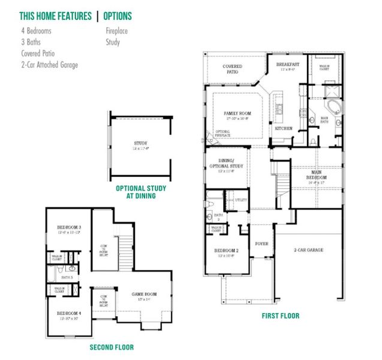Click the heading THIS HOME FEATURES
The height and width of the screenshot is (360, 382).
pyautogui.click(x=55, y=16)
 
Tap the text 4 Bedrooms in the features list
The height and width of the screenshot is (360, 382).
pyautogui.click(x=35, y=31)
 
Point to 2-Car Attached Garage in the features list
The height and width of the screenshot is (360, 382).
pyautogui.click(x=49, y=65)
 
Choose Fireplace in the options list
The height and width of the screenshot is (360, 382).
pyautogui.click(x=117, y=31)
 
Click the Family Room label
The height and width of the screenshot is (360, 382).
pyautogui.click(x=237, y=113)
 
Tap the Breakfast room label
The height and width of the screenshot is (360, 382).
pyautogui.click(x=287, y=64)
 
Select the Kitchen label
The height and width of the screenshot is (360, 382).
pyautogui.click(x=283, y=128)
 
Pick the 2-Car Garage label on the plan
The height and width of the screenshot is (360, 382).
pyautogui.click(x=309, y=250)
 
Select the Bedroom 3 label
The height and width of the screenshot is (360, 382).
pyautogui.click(x=69, y=227)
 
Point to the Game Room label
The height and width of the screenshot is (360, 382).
pyautogui.click(x=145, y=294)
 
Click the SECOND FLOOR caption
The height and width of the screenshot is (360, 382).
pyautogui.click(x=112, y=347)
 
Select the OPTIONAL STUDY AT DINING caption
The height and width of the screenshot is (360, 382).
pyautogui.click(x=141, y=192)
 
